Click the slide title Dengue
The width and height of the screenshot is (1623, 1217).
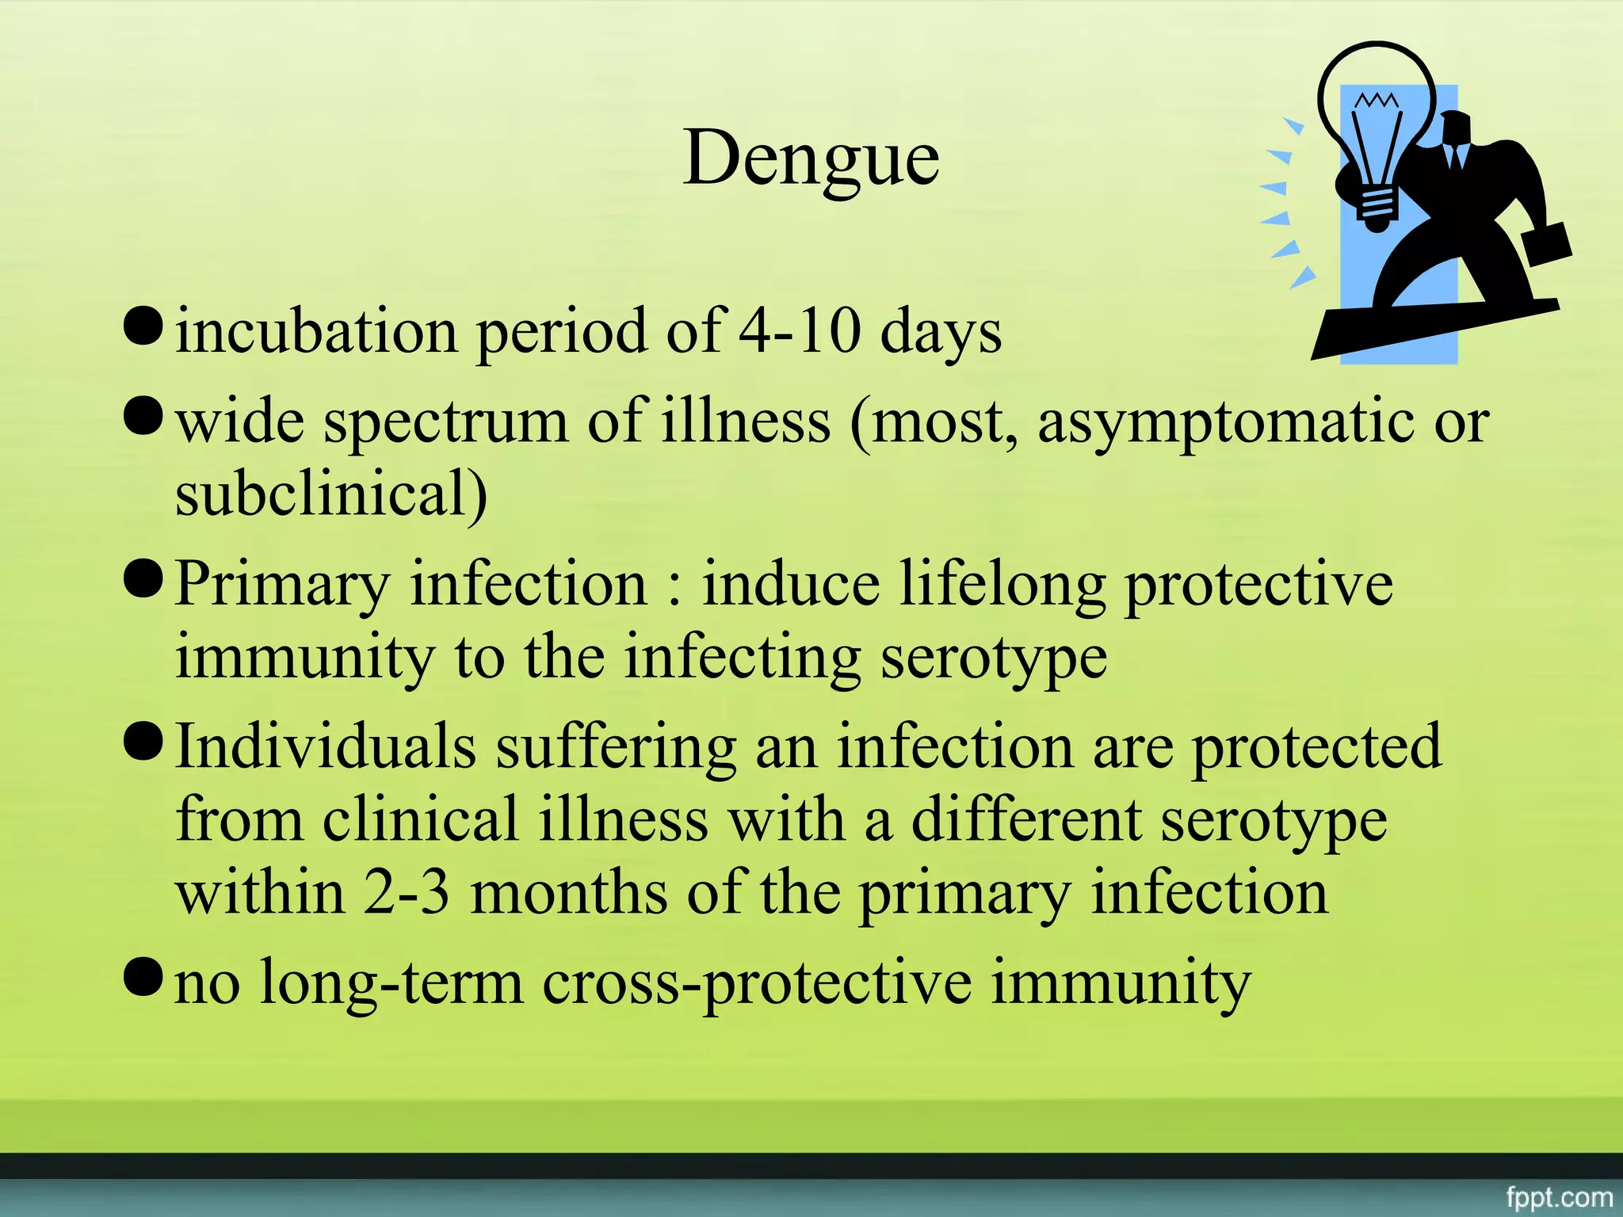point(811,158)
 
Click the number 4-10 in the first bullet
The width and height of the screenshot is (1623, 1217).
point(800,331)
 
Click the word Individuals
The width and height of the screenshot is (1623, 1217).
point(326,746)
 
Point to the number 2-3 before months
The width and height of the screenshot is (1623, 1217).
point(407,894)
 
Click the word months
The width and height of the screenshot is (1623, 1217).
point(569,894)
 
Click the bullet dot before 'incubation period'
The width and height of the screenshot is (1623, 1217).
point(143,324)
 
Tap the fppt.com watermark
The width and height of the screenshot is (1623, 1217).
point(1559,1196)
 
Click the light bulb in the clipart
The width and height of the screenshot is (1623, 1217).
point(1377,127)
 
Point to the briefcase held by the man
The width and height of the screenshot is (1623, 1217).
point(1545,245)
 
